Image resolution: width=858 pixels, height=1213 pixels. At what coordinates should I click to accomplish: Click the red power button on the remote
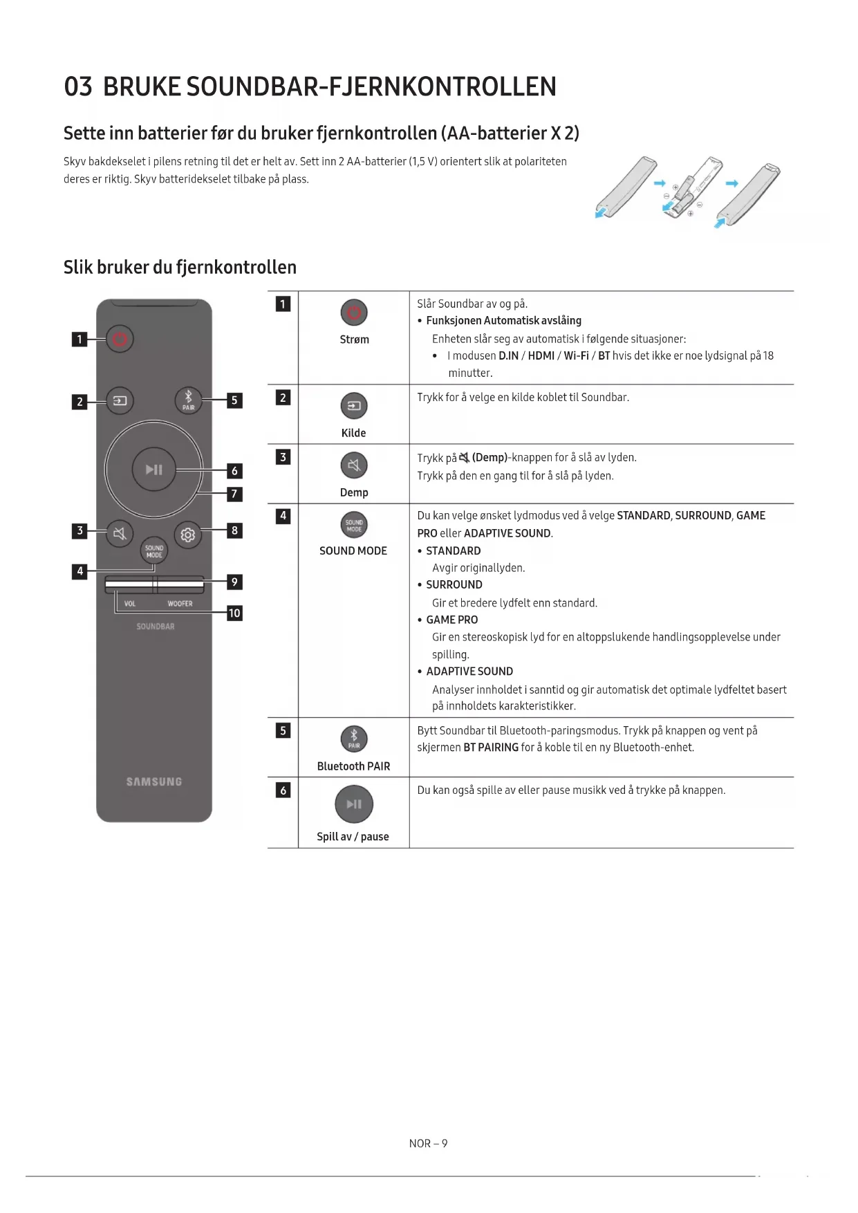point(120,339)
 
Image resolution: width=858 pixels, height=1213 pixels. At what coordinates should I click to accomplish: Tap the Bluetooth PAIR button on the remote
point(188,400)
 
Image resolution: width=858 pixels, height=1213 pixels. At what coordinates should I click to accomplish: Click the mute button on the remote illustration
point(120,534)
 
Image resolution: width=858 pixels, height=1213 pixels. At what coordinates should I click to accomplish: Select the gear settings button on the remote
point(187,535)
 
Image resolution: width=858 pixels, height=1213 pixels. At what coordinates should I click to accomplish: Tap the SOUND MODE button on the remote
point(154,551)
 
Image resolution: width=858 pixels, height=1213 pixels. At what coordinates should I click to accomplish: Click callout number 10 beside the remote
point(234,613)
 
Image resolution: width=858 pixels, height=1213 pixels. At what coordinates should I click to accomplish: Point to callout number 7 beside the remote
point(234,494)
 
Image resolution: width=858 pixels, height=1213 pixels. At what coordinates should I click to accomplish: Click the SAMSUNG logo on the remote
point(154,781)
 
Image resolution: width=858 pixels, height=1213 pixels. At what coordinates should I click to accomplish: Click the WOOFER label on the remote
point(180,604)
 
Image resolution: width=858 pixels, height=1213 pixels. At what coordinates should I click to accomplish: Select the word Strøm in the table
point(354,340)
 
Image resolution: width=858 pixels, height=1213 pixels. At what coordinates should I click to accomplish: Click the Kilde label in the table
point(353,433)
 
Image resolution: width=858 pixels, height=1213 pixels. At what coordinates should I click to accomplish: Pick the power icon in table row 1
point(354,313)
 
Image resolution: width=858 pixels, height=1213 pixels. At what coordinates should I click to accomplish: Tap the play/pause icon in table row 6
point(354,804)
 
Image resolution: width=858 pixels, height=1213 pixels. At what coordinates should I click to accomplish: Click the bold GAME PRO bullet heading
point(451,620)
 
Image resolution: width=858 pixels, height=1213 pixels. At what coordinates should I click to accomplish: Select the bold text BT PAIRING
point(491,748)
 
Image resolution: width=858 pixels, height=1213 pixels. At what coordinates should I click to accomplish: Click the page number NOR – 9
point(428,1143)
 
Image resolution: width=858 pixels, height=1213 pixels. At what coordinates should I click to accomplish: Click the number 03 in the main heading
point(78,87)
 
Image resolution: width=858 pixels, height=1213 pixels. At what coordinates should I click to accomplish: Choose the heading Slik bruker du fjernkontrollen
point(180,268)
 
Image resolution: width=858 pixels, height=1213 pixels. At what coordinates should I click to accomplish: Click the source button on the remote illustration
point(120,400)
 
